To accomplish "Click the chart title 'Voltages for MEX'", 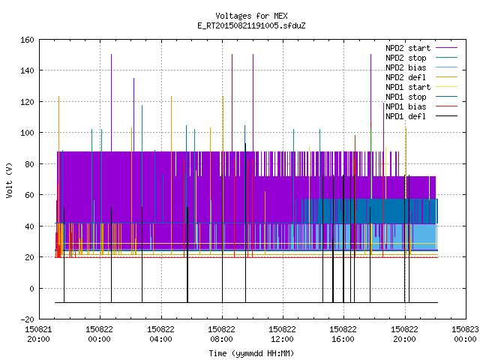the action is coord(251,16).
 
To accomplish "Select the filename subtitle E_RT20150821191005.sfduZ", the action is coord(251,25).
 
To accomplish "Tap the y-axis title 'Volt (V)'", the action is coord(9,180).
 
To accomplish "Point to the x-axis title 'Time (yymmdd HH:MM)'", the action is coord(251,353).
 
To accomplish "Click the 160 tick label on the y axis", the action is coord(27,40).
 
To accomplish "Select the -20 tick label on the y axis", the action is coord(27,319).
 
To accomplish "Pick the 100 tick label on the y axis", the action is coord(27,133).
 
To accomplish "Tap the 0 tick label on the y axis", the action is coord(31,288).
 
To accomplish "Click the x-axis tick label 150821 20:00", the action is coord(38,334).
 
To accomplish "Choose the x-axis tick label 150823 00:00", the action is coord(465,334).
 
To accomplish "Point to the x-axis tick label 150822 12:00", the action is coord(282,334).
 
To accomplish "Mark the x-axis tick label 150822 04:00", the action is coord(160,334).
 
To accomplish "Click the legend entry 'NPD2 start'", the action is coord(421,48).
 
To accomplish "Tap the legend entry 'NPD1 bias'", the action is coord(421,106).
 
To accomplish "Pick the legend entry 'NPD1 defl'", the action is coord(421,117).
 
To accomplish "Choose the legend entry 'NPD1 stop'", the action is coord(421,97).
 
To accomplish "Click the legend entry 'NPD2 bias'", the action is coord(421,67).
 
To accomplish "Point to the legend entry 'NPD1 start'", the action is coord(421,87).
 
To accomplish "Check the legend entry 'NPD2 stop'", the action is coord(421,58).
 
